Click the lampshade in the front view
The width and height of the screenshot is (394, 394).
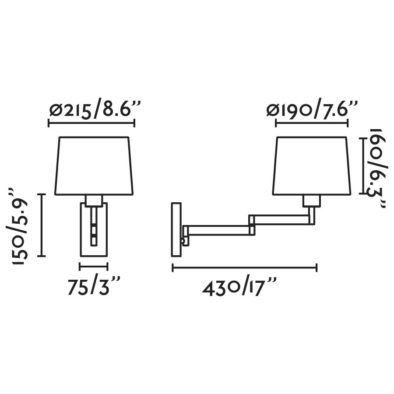click(x=94, y=166)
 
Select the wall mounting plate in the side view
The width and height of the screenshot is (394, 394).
click(x=176, y=229)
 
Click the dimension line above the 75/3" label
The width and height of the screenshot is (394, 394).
click(x=94, y=266)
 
